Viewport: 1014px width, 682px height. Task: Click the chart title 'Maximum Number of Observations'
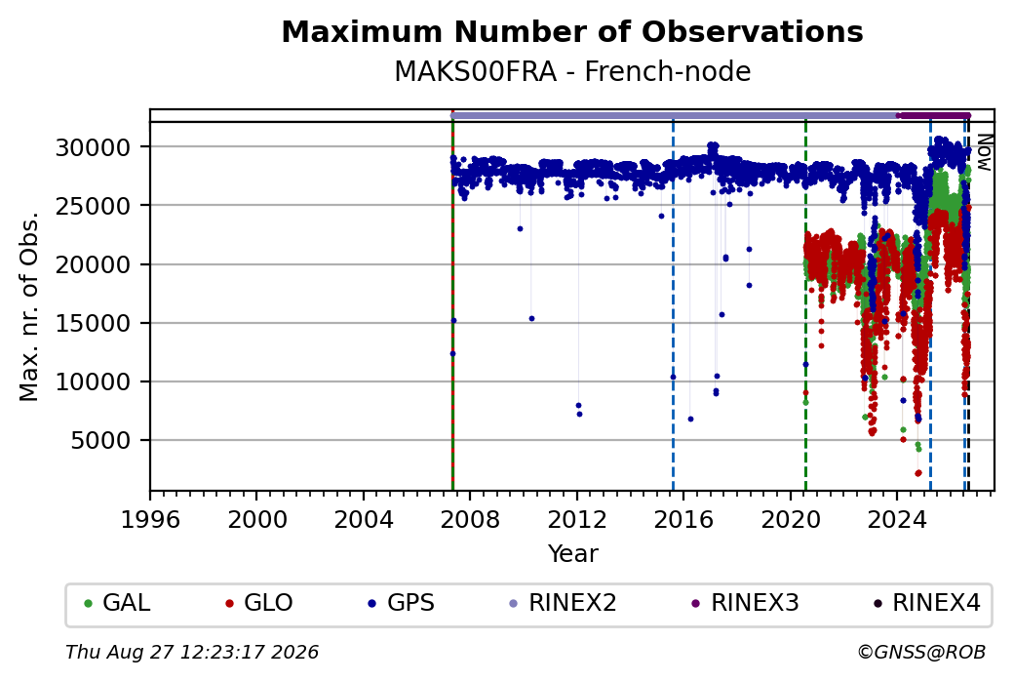click(x=572, y=31)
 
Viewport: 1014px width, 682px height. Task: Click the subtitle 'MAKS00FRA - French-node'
click(x=572, y=71)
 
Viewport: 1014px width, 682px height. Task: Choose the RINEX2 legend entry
click(x=563, y=603)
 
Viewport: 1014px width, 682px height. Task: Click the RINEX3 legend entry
click(x=745, y=603)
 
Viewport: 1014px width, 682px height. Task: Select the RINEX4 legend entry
click(x=926, y=603)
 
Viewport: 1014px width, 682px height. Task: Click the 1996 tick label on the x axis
click(x=150, y=519)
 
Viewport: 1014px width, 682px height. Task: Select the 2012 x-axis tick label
click(x=577, y=519)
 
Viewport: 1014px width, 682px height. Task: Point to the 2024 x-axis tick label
click(x=897, y=519)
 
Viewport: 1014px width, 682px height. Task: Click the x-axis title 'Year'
click(x=573, y=554)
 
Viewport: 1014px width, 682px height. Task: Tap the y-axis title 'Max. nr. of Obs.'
click(x=29, y=306)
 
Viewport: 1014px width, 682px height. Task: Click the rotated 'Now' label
click(x=984, y=153)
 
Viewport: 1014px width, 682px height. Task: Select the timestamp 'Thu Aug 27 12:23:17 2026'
click(x=192, y=652)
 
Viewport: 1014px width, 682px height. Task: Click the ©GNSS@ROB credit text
click(x=921, y=652)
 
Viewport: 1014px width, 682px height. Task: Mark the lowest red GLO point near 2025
click(x=918, y=473)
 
